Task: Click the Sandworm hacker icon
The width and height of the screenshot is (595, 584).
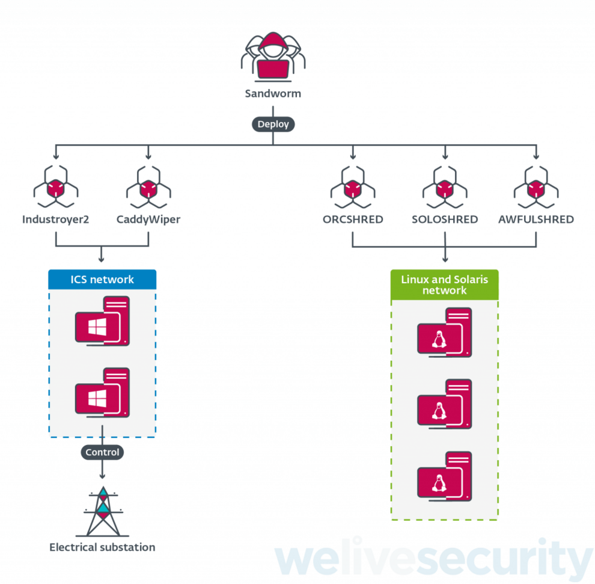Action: point(273,58)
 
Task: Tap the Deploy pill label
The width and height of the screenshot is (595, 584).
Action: point(273,124)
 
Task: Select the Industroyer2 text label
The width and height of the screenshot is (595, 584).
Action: point(55,220)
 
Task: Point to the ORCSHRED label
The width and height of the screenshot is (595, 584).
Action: point(353,220)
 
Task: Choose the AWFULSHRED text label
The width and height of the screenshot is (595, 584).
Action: point(536,220)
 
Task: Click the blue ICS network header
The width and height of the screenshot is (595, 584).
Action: point(102,280)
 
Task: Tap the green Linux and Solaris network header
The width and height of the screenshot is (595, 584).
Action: point(445,285)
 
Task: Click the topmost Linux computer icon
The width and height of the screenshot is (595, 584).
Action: point(445,333)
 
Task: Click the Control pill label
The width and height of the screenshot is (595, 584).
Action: point(102,452)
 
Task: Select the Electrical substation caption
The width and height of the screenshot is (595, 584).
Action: point(102,547)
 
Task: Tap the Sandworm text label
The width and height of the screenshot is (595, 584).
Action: point(273,94)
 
